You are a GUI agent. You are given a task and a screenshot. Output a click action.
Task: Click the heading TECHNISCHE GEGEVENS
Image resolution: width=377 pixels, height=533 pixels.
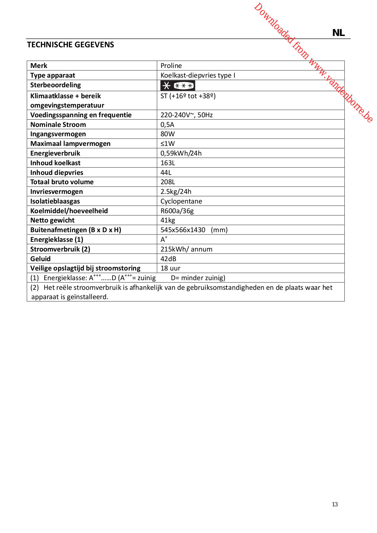click(70, 45)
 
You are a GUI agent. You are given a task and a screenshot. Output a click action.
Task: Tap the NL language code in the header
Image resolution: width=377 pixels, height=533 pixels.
click(338, 33)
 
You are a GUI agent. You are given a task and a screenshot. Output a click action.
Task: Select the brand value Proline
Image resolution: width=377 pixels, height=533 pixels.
click(171, 66)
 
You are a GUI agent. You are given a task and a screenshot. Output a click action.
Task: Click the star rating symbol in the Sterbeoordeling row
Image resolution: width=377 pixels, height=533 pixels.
click(178, 86)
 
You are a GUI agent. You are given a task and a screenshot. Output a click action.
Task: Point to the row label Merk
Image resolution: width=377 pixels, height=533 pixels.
click(39, 66)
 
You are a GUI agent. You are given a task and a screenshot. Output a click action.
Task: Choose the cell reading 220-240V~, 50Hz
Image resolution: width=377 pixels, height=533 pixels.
click(187, 115)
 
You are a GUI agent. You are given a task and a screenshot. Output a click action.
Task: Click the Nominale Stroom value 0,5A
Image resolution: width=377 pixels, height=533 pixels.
click(167, 125)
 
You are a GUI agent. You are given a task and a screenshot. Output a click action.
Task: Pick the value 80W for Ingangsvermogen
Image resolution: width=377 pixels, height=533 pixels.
click(168, 134)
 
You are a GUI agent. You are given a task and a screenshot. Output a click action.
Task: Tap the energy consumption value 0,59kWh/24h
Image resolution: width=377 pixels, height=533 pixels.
click(181, 153)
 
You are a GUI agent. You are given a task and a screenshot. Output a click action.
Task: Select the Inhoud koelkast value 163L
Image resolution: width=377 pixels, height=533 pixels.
click(168, 163)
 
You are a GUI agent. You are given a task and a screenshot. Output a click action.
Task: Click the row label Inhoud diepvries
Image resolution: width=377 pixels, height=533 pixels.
click(57, 173)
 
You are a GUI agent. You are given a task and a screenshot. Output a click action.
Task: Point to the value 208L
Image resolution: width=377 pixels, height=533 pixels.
click(168, 182)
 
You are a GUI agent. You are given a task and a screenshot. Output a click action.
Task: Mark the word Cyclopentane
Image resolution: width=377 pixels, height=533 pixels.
click(181, 201)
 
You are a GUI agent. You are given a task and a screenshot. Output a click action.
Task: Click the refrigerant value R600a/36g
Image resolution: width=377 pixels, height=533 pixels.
click(177, 211)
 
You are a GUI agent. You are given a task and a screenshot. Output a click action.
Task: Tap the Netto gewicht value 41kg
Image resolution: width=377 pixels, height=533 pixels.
click(168, 220)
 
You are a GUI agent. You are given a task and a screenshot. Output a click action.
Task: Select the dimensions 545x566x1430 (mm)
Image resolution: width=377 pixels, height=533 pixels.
click(194, 230)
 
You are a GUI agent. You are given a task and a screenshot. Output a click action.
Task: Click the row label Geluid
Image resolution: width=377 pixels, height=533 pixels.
click(40, 259)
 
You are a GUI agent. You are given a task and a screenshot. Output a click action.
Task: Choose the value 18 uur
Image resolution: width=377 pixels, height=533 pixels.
click(170, 268)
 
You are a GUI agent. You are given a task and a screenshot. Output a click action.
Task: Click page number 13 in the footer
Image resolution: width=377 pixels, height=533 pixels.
click(335, 504)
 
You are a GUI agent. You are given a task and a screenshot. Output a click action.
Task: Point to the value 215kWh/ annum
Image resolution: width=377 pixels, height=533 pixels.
click(186, 249)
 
